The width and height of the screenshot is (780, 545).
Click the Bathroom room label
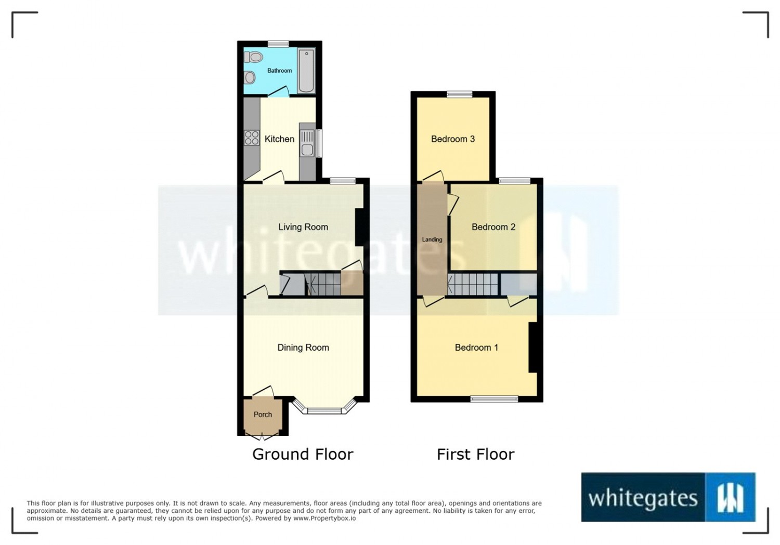(x=279, y=71)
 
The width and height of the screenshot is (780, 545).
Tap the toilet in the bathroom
(x=253, y=57)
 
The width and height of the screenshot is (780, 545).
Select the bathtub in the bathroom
(x=306, y=71)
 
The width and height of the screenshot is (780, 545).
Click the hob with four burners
(x=252, y=137)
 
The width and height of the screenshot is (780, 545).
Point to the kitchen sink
(x=307, y=143)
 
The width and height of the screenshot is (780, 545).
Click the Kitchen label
(x=279, y=139)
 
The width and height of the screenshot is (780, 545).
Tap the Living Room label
(x=303, y=227)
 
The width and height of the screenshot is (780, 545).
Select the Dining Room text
(x=303, y=348)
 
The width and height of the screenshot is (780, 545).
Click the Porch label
(x=263, y=415)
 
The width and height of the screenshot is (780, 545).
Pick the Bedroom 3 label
(x=453, y=139)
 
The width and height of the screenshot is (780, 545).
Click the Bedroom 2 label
(x=493, y=227)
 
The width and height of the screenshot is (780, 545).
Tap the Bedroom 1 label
(x=476, y=348)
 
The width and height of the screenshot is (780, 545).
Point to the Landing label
(x=432, y=240)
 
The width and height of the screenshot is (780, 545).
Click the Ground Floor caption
(x=303, y=454)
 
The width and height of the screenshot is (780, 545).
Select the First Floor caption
(x=476, y=454)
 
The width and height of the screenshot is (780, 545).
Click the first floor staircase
(x=473, y=285)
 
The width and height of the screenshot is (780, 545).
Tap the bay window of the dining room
(x=324, y=408)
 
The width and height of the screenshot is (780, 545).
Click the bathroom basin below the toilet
(x=249, y=77)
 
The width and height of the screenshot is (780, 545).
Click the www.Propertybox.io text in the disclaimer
(x=324, y=518)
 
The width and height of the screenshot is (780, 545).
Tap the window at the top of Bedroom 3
(x=460, y=94)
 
